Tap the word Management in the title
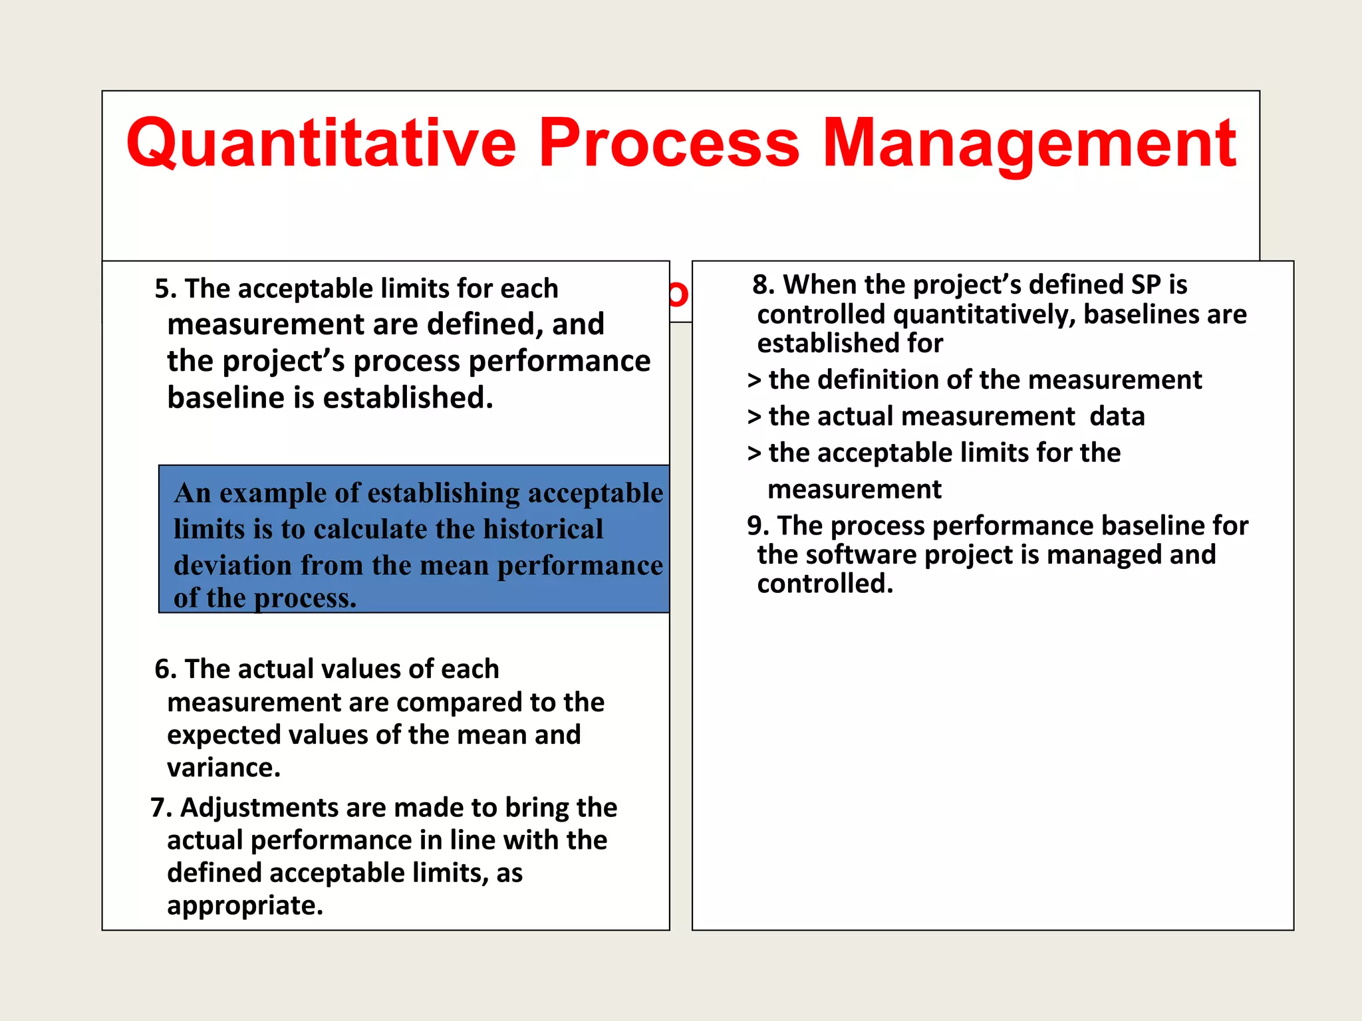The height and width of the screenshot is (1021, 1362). click(1029, 144)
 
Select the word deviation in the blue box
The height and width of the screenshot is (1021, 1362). click(233, 566)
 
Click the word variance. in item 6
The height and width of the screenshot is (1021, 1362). click(223, 768)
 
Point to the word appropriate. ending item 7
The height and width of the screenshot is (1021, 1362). click(245, 905)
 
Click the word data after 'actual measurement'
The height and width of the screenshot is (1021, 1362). click(1117, 417)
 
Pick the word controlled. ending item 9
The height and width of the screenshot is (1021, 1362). click(825, 584)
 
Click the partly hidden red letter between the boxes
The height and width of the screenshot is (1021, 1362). click(679, 294)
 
